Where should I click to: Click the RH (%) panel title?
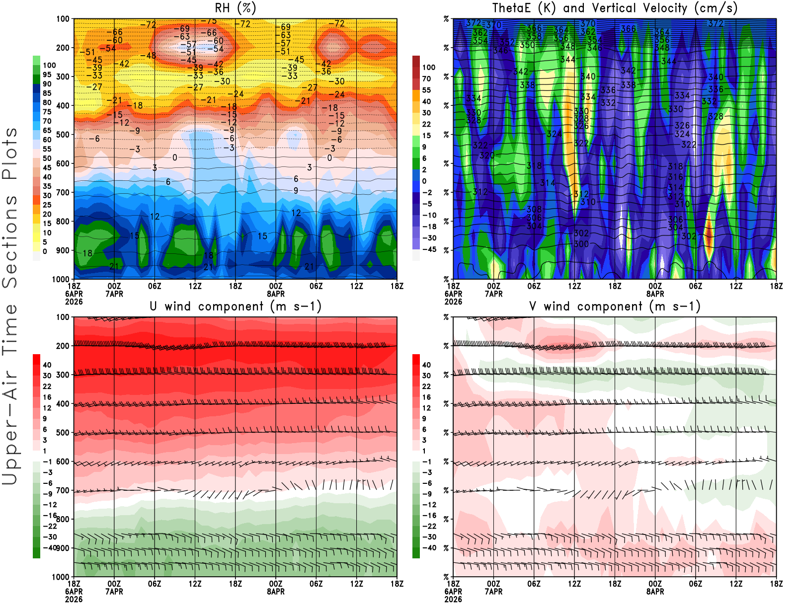point(236,8)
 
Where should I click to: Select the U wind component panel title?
point(236,306)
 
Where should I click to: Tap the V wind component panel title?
point(615,306)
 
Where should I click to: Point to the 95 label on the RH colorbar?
point(47,75)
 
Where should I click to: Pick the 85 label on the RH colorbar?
point(47,93)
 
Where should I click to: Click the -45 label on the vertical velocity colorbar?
point(429,249)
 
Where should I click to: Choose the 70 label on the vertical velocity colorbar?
point(426,78)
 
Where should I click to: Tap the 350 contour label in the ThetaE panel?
point(527,45)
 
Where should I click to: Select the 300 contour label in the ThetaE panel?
point(581,244)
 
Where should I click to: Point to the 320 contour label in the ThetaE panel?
point(487,155)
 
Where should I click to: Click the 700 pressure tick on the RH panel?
point(63,192)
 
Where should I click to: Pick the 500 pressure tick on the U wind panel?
point(63,433)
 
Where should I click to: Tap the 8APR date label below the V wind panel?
point(655,592)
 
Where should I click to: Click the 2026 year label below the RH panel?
point(74,302)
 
